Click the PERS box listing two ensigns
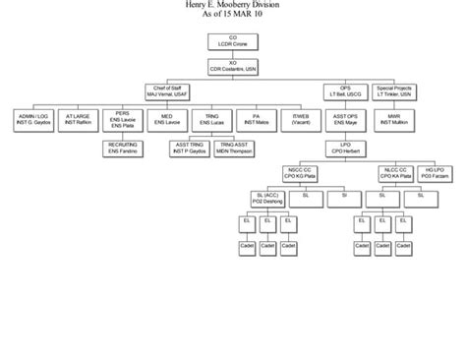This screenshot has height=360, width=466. pyautogui.click(x=123, y=119)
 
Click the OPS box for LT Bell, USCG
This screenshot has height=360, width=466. pyautogui.click(x=339, y=91)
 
